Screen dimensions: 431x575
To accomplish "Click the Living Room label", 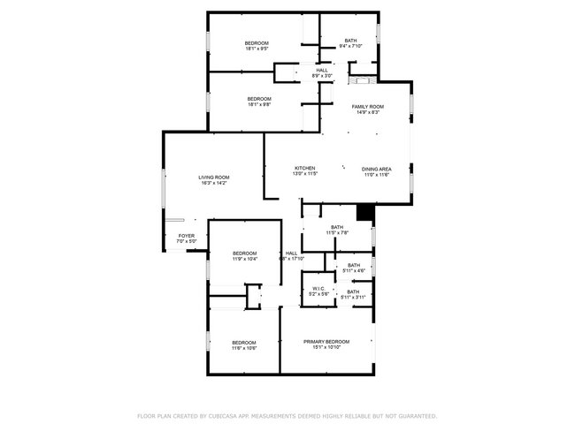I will coord(214,178).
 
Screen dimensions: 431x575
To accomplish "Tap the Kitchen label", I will coord(304,168).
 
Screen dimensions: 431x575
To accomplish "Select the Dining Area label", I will coord(377,168).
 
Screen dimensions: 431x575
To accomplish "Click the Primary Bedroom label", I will coord(326,342).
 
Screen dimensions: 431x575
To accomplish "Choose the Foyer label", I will coord(186,236).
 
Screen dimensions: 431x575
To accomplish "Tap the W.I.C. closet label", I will coord(318,289).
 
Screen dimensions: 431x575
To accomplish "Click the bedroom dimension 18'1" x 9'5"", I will coord(257,49).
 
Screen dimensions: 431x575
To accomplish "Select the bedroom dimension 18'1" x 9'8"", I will coord(258,104).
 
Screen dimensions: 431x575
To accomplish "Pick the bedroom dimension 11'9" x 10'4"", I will coord(245,259).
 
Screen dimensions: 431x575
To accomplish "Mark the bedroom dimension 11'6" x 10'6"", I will coord(244,348).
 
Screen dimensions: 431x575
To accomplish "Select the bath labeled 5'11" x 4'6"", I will coord(353,270).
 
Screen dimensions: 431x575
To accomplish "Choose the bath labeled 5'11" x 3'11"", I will coord(353,298).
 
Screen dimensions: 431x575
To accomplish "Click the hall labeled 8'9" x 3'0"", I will coord(322,76).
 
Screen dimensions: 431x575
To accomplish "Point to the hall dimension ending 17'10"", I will coord(292,259).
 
